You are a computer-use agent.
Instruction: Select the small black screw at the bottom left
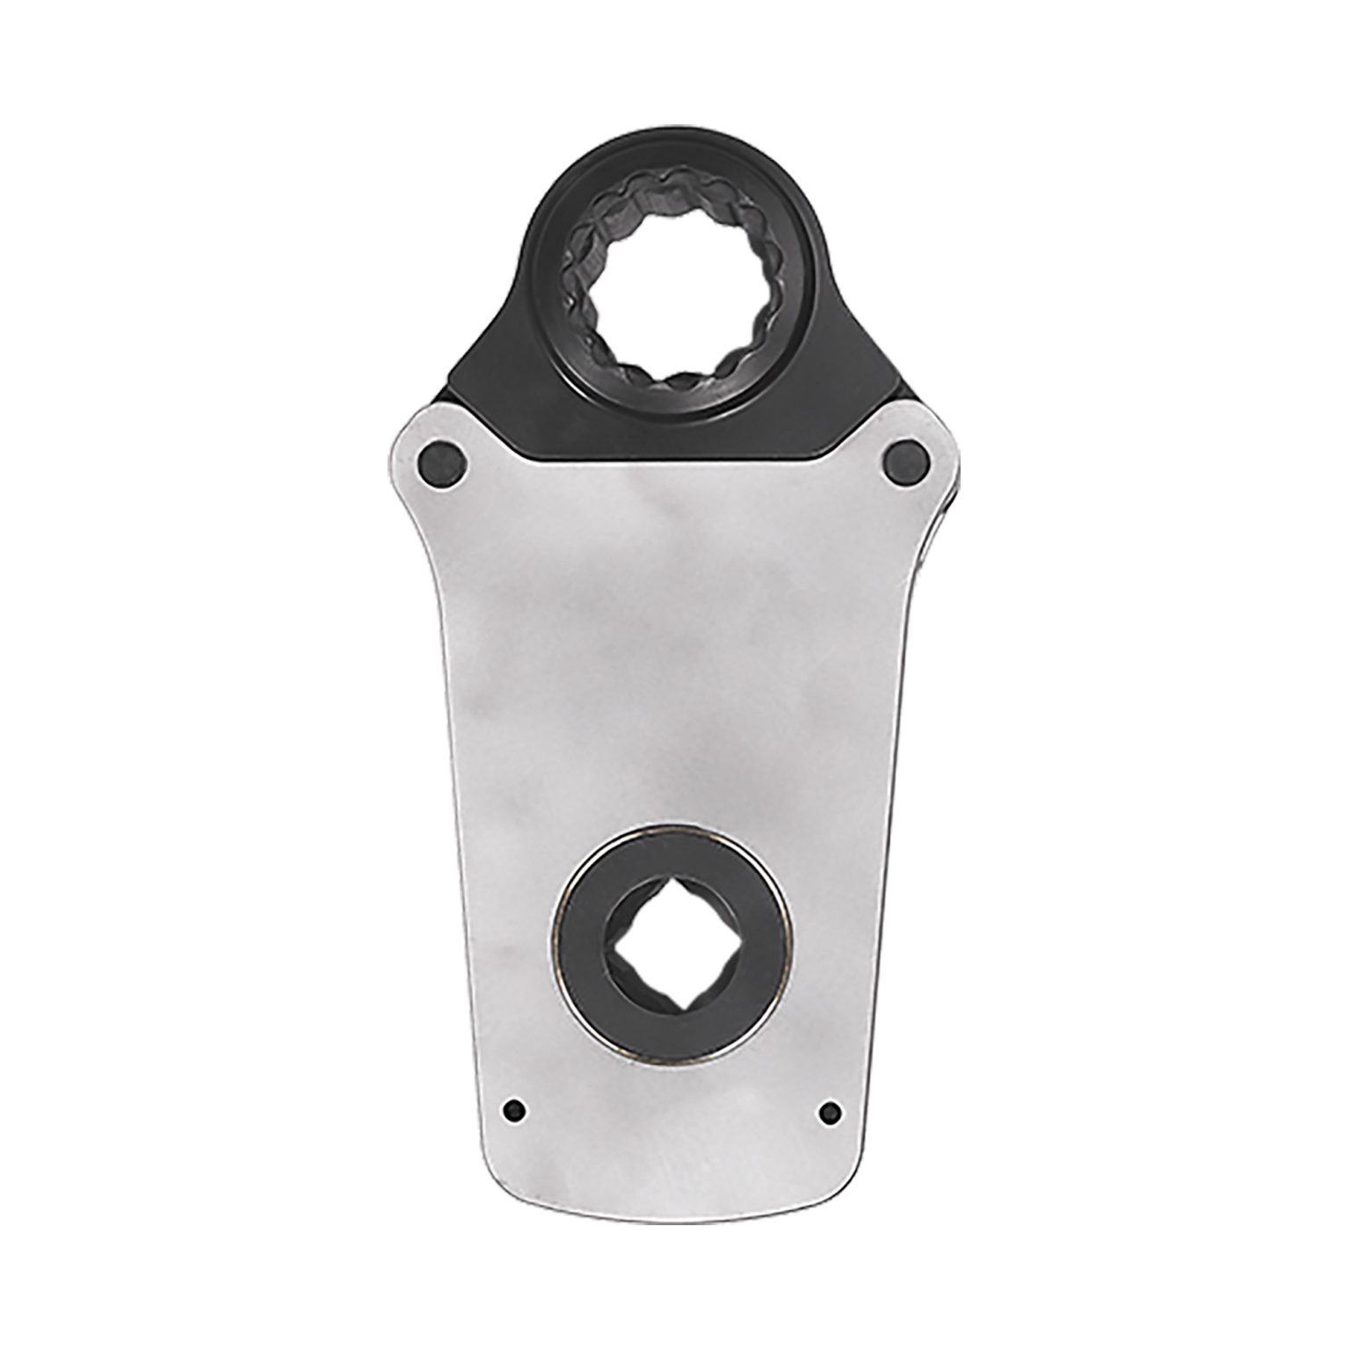[514, 1110]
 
